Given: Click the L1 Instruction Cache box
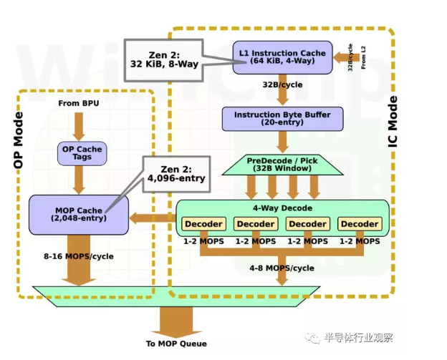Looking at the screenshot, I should coord(282,57).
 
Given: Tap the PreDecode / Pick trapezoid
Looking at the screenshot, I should coord(282,165).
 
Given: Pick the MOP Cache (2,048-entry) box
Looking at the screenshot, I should coord(78,214).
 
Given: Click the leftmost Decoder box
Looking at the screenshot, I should coord(204,224).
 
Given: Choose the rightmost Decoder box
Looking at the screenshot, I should coord(360,224).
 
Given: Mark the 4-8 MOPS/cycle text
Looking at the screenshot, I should coord(282,268).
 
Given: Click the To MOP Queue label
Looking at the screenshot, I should coord(176,344).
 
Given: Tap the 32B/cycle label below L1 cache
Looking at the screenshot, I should coord(282,84).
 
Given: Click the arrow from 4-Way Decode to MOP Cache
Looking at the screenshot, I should coord(153,216).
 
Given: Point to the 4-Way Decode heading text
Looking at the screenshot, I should coord(282,208).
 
